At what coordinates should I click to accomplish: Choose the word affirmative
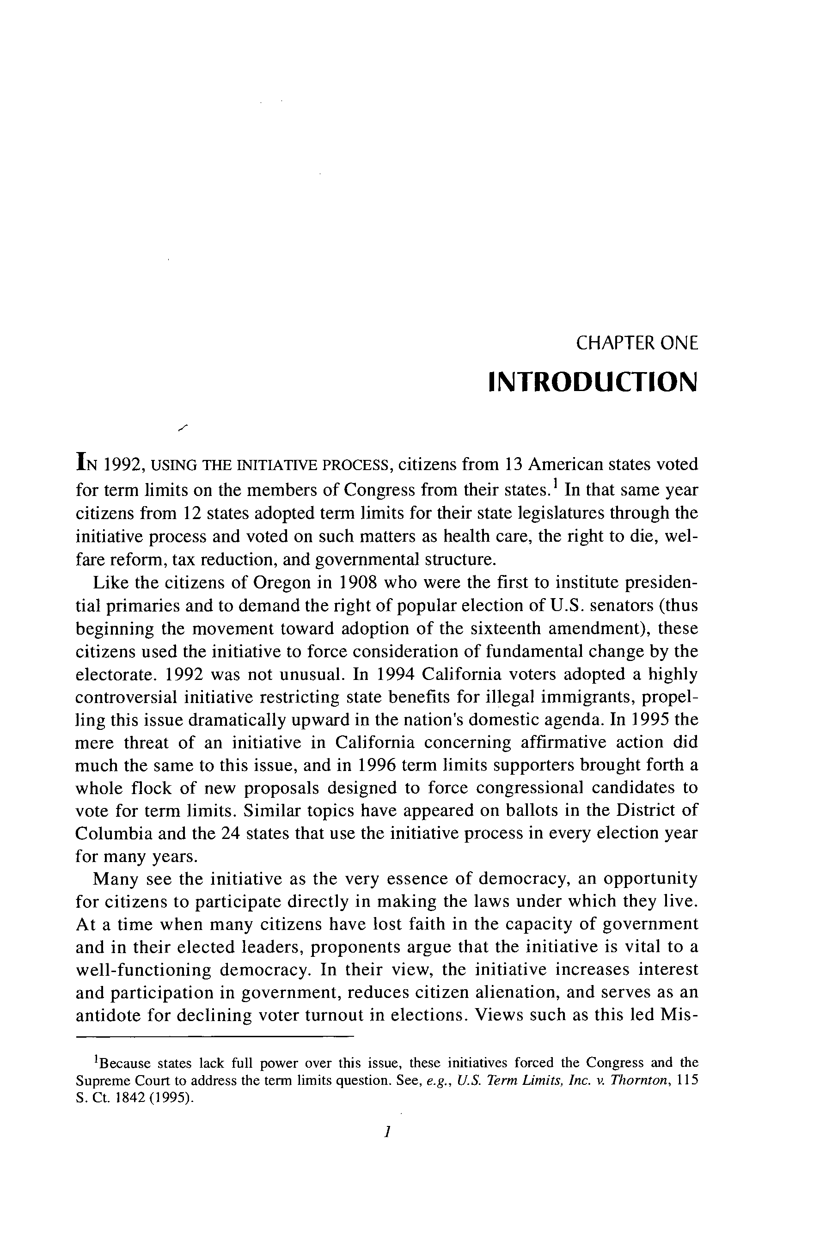[563, 742]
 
